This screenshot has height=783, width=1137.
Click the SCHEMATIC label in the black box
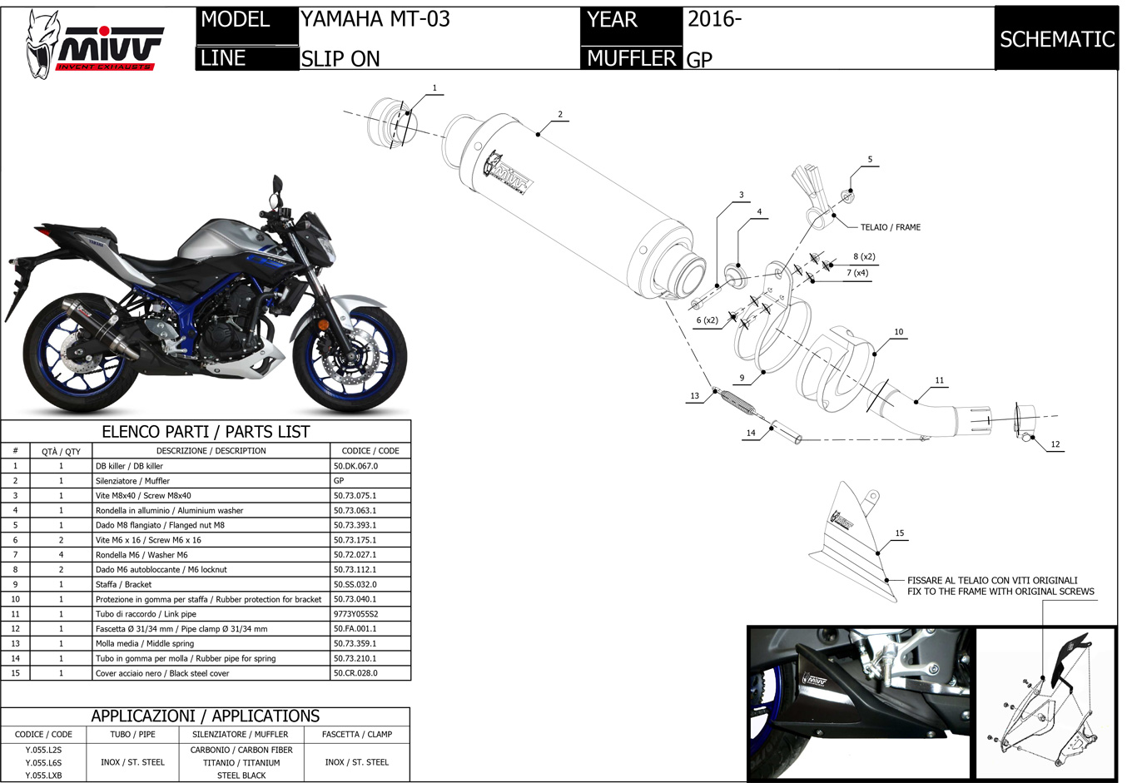pyautogui.click(x=1056, y=39)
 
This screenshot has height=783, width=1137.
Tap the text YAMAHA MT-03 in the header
pyautogui.click(x=375, y=19)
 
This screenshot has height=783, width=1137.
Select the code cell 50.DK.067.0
pyautogui.click(x=355, y=466)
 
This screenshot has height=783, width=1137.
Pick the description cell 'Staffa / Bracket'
pyautogui.click(x=123, y=584)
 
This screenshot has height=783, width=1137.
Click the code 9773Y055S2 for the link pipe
pyautogui.click(x=355, y=614)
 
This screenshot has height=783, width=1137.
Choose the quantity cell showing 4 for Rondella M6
pyautogui.click(x=61, y=555)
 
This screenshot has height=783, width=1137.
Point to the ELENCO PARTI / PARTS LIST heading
pyautogui.click(x=205, y=432)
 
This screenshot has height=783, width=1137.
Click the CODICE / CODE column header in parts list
pyautogui.click(x=370, y=451)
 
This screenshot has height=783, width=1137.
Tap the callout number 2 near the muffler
pyautogui.click(x=560, y=115)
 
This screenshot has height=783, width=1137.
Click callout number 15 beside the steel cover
pyautogui.click(x=899, y=533)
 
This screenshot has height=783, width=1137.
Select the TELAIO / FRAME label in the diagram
pyautogui.click(x=890, y=227)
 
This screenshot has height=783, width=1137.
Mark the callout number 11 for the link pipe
pyautogui.click(x=939, y=380)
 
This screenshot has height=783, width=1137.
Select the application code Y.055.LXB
pyautogui.click(x=43, y=776)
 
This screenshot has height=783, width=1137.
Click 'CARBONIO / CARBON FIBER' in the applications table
pyautogui.click(x=241, y=750)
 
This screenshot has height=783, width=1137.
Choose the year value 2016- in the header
pyautogui.click(x=713, y=19)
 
